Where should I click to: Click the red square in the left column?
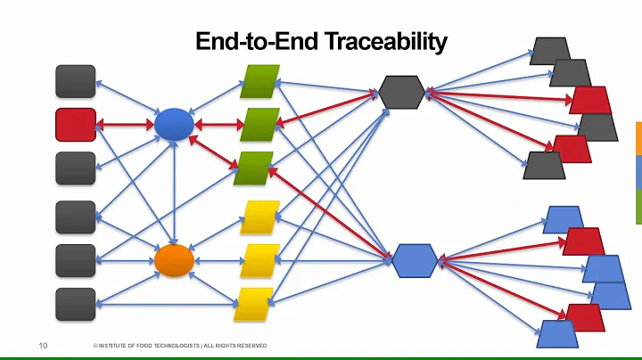tap(76, 125)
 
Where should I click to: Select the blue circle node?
tap(174, 124)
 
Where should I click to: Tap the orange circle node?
tap(174, 260)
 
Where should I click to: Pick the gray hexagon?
tap(402, 90)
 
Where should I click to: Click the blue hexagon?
tap(416, 260)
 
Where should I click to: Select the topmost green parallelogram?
tap(260, 82)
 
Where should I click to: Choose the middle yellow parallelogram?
tap(260, 260)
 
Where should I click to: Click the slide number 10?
tap(42, 345)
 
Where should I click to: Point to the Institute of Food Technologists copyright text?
tap(178, 346)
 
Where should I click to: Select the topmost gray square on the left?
tap(76, 81)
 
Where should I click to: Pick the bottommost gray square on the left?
tap(76, 304)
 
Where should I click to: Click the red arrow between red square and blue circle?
tap(125, 125)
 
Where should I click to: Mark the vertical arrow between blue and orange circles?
tap(174, 192)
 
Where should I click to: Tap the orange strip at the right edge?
tap(638, 138)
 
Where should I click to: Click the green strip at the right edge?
tap(638, 207)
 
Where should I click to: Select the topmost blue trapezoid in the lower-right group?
tap(564, 218)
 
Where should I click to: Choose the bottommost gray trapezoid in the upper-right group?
tap(543, 165)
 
